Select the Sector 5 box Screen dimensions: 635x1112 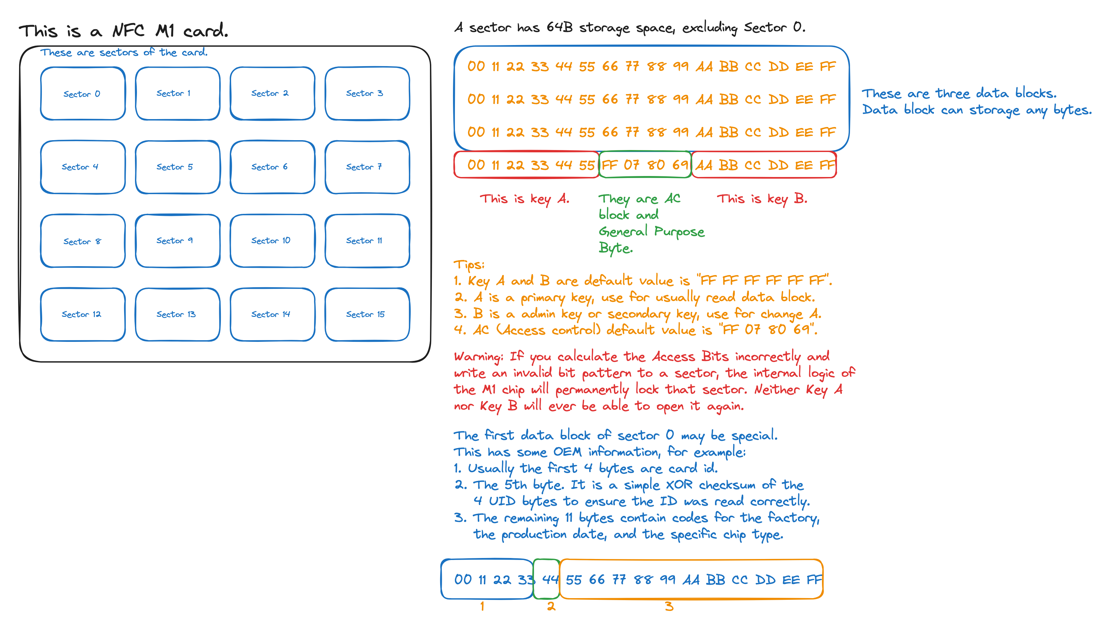coord(177,167)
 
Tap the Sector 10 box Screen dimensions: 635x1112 coord(272,241)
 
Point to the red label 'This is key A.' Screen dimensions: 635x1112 coord(524,199)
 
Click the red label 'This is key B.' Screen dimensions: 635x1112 coord(762,199)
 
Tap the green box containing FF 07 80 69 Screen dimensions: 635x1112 coord(645,165)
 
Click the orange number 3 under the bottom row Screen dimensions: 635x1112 coord(669,606)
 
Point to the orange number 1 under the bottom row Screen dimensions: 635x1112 coord(482,606)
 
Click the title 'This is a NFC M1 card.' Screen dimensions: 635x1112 coord(123,31)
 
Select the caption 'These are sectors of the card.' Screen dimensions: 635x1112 coord(124,52)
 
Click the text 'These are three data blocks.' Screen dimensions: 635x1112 coord(959,93)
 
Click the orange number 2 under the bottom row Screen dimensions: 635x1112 coord(551,606)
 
